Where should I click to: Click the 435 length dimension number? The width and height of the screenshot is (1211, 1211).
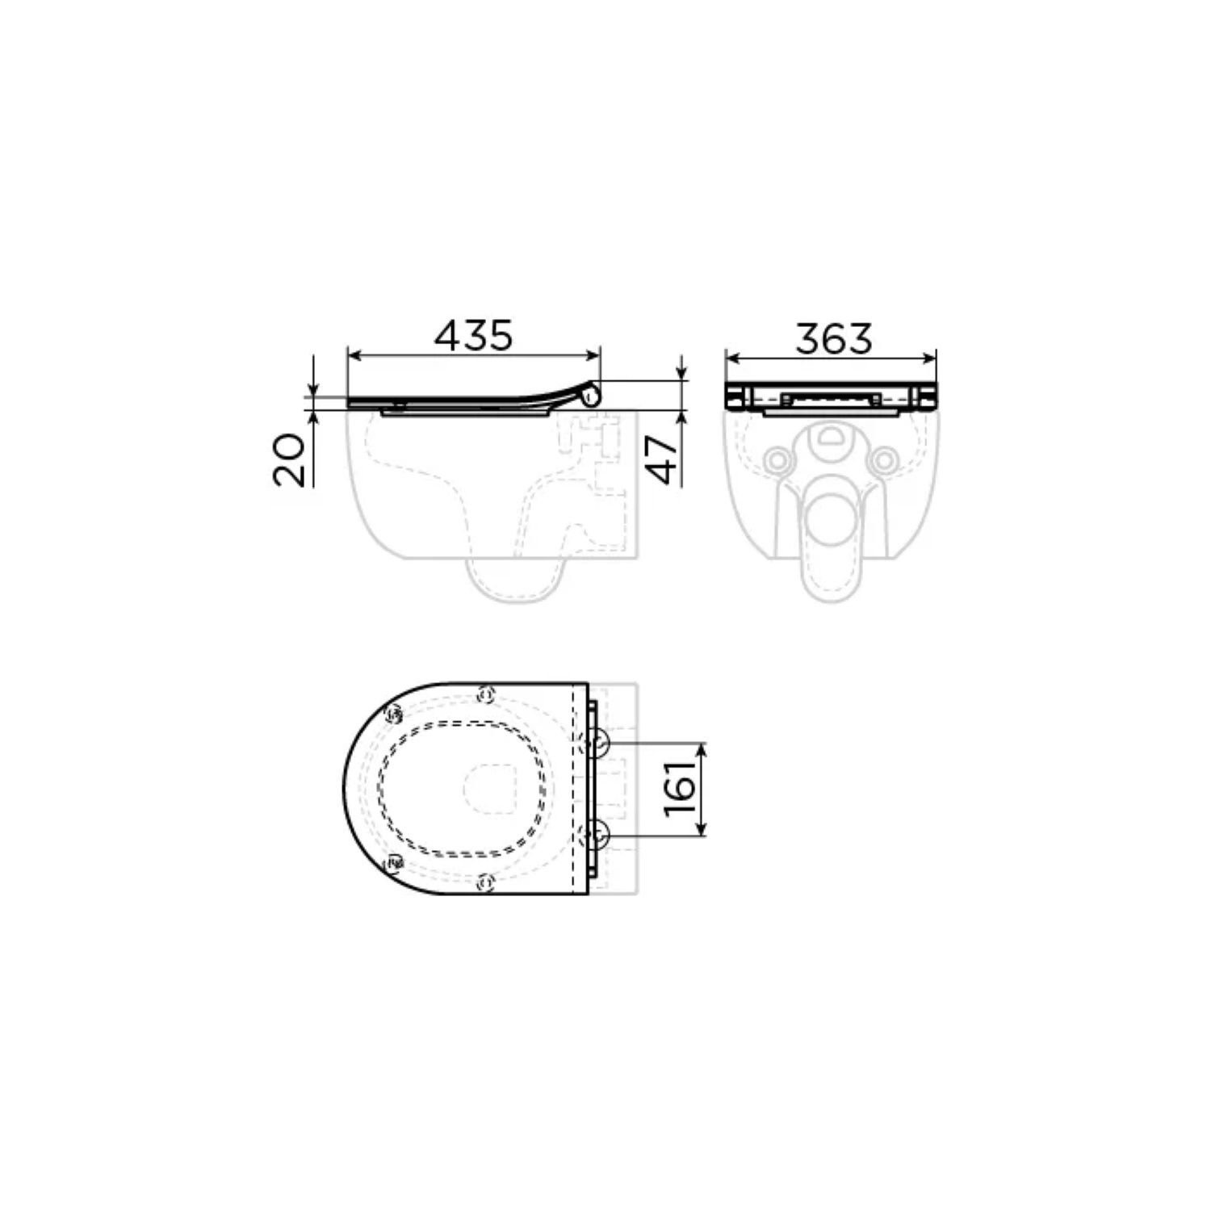click(x=473, y=336)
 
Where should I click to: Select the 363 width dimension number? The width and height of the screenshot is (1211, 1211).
click(x=834, y=338)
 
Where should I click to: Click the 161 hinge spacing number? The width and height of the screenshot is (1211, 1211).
click(x=681, y=788)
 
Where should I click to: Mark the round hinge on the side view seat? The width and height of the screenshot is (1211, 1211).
click(x=593, y=396)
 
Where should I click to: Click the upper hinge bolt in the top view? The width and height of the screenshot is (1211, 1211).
click(x=598, y=743)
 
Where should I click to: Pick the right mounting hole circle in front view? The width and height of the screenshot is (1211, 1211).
click(x=885, y=459)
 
